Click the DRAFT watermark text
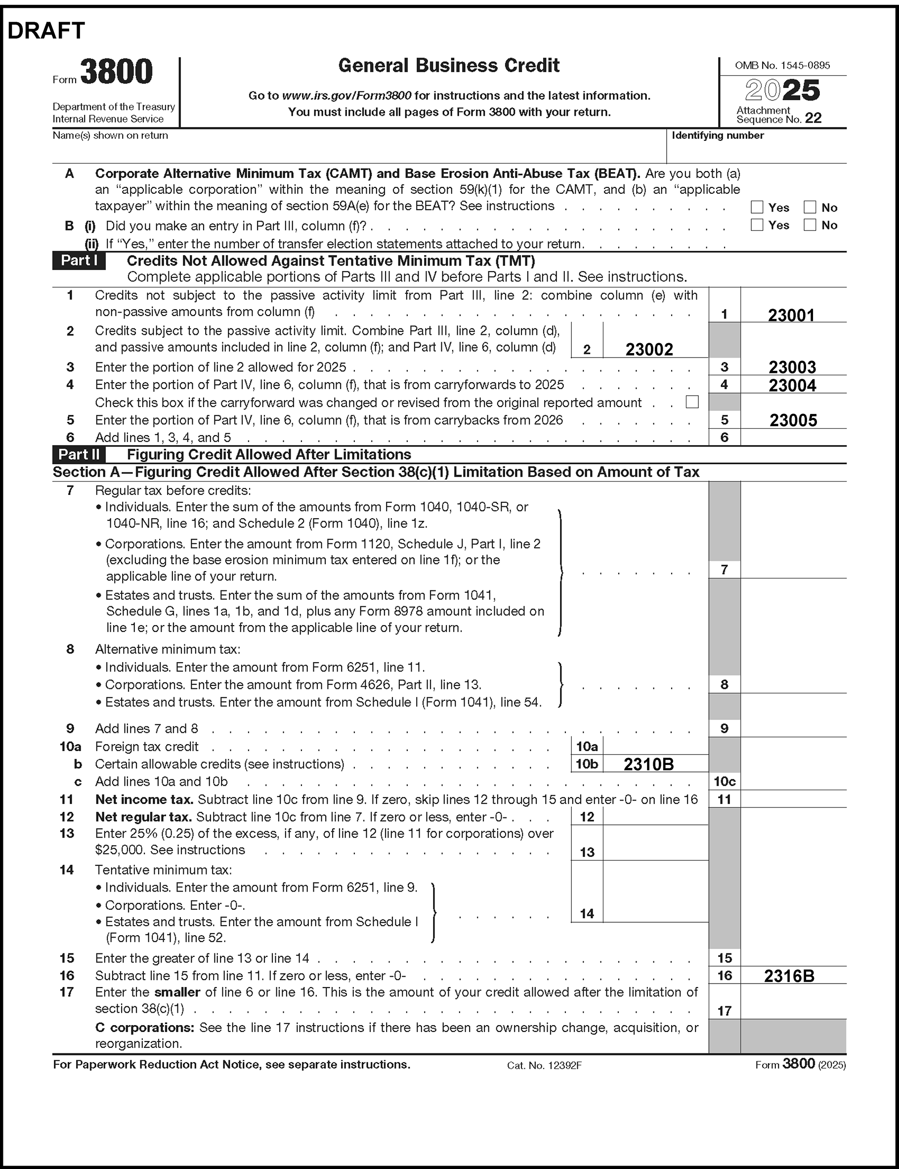coord(46,31)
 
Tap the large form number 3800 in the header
coord(116,72)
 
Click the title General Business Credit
coord(448,66)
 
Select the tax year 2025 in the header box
coord(782,90)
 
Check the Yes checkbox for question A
coord(757,207)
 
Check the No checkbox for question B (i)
coord(810,225)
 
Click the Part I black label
coord(79,261)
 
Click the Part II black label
coord(79,454)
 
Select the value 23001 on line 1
coord(791,315)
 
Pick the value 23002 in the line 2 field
coord(649,350)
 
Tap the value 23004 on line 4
coord(792,385)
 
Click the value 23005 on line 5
coord(793,420)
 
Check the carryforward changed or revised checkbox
coord(692,402)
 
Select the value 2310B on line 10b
coord(648,764)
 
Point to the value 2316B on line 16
coord(789,976)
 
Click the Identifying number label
coord(718,135)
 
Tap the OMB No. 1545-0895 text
coord(782,65)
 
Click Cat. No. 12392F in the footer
coord(544,1065)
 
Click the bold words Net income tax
coord(144,800)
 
